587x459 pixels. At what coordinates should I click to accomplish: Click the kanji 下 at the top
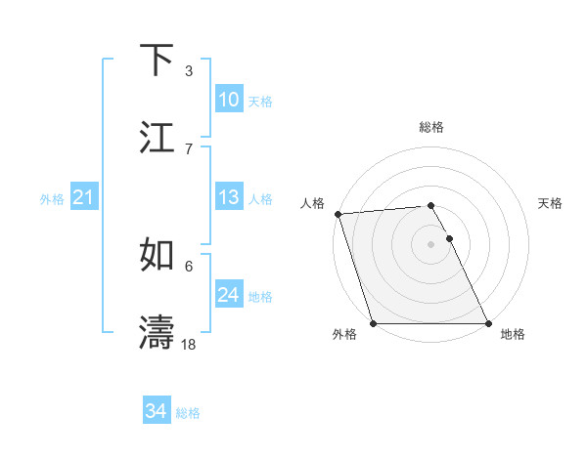point(158,61)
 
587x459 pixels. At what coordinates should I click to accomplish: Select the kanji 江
point(158,138)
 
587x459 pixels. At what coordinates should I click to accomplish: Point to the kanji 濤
point(158,333)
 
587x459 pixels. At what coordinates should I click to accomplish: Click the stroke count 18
point(189,344)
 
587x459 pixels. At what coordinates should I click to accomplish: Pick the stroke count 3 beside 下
point(189,70)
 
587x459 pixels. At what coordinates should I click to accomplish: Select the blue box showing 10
point(229,100)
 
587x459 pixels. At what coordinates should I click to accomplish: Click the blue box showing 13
point(229,197)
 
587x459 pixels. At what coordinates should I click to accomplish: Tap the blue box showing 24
point(229,295)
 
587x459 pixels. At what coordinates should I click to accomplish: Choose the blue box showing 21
point(83,198)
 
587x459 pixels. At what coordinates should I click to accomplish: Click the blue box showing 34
point(156,412)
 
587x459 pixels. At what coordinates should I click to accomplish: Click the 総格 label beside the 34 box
point(188,413)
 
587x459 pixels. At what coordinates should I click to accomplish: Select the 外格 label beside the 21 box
point(52,199)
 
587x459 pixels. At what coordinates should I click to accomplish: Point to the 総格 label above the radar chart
point(431,127)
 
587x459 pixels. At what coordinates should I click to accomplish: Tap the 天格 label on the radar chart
point(550,203)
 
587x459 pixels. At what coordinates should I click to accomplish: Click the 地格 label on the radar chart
point(513,334)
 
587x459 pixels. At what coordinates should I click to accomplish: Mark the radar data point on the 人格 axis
point(338,214)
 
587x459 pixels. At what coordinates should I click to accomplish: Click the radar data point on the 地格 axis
point(488,323)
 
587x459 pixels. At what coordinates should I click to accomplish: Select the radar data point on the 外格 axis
point(373,323)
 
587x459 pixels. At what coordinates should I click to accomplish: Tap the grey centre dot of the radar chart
point(430,244)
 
